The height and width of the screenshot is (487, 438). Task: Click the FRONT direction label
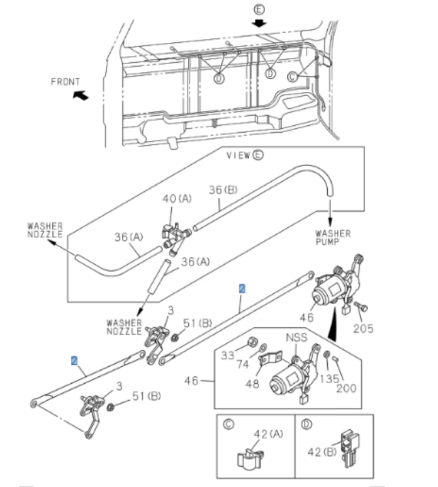click(65, 82)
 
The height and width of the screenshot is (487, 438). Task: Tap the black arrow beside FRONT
click(80, 95)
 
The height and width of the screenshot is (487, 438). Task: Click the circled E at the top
click(259, 9)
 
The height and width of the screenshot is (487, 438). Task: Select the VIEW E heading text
click(244, 155)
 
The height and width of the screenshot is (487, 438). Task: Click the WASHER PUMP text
click(333, 237)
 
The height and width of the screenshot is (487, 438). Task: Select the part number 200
click(345, 388)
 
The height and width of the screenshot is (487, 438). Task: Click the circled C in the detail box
click(228, 425)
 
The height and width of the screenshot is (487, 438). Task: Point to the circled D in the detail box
click(306, 425)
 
